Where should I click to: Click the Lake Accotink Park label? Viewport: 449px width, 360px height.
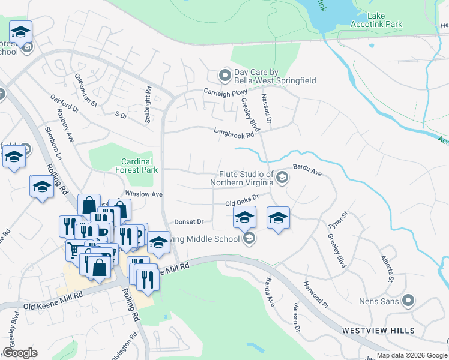point(376,20)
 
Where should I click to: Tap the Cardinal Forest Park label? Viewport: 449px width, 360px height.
point(136,166)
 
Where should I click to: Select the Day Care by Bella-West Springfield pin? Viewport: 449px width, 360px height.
point(225,76)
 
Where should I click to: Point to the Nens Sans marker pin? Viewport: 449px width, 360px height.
point(409,301)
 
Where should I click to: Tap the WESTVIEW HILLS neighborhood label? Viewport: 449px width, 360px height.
point(378,331)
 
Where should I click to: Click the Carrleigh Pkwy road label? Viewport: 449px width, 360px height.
point(225,92)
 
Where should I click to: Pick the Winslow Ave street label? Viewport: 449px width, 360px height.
point(143,194)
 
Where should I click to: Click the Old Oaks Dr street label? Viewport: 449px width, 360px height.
point(242,200)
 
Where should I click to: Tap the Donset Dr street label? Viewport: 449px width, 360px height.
point(189,221)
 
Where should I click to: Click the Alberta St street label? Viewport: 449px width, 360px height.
point(387,268)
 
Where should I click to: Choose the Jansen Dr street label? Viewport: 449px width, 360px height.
point(295,318)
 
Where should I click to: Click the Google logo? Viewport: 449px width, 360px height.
point(20,352)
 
